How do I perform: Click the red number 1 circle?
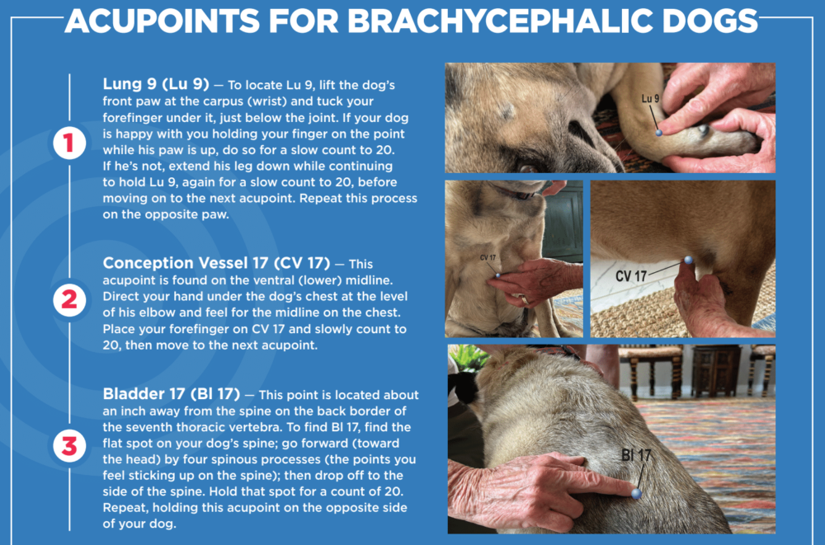coord(69,143)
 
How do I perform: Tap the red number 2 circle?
coord(69,300)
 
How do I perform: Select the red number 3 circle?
coord(69,446)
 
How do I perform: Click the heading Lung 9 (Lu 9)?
coord(156,84)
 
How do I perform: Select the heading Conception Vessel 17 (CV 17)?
coord(216,263)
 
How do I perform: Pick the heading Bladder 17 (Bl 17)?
coord(171,394)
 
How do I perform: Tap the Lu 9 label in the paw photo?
coord(650,98)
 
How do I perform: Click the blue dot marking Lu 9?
coord(658,133)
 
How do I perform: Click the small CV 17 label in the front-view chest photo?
coord(488,258)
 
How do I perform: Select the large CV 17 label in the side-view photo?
coord(631,276)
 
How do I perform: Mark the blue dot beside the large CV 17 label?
coord(688,260)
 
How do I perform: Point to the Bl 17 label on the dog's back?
coord(636,455)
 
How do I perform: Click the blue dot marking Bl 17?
coord(637,493)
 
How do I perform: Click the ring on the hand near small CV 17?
coord(525,299)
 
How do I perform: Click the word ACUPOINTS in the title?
coord(162,21)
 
